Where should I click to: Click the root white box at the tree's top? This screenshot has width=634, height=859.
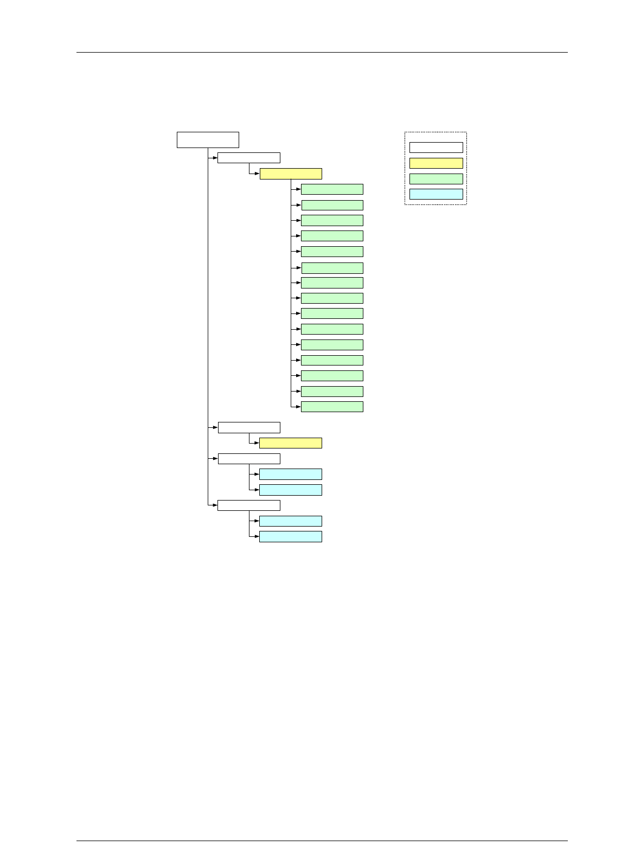point(208,139)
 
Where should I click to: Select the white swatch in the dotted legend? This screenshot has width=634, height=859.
point(436,148)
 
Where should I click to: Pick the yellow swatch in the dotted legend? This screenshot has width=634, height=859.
point(436,163)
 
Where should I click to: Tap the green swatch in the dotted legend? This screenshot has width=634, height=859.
point(436,179)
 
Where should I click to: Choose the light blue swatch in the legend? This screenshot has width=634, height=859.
point(436,194)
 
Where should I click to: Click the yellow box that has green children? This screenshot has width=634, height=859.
point(291,174)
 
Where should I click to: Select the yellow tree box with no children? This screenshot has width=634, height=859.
point(291,443)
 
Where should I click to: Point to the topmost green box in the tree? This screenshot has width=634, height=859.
point(332,189)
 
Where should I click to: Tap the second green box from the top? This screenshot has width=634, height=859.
point(332,205)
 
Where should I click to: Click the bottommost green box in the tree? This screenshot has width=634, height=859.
point(332,407)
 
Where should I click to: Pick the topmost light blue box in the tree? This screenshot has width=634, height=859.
point(291,475)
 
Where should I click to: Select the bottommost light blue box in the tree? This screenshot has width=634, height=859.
point(291,536)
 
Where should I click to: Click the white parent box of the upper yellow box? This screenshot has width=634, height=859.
point(249,158)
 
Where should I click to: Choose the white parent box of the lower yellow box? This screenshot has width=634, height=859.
point(249,427)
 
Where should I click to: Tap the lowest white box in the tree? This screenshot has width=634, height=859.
point(249,505)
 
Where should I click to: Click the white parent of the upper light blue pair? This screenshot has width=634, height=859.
point(249,459)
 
